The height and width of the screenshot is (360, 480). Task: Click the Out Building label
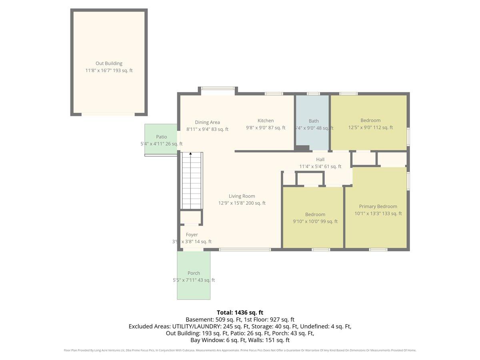click(x=109, y=63)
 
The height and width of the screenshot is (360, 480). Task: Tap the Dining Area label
click(x=207, y=122)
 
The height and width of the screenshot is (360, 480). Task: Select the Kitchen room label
click(x=266, y=121)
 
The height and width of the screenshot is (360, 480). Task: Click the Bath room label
click(x=314, y=121)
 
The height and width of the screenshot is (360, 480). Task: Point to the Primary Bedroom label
click(x=378, y=206)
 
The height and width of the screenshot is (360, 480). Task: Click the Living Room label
click(x=242, y=196)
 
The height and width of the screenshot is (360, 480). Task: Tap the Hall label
click(x=320, y=160)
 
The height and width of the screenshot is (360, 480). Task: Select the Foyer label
click(x=192, y=235)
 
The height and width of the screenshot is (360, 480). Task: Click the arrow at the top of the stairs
click(x=190, y=154)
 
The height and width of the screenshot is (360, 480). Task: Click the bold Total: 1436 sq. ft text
click(x=240, y=312)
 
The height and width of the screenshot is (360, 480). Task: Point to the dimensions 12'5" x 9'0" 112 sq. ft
click(x=370, y=128)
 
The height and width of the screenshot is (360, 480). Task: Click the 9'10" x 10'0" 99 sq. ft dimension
click(x=315, y=222)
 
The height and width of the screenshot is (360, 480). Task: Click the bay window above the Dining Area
click(x=218, y=89)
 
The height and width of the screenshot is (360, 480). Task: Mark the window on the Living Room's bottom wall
click(x=245, y=250)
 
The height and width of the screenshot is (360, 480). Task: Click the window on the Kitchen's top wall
click(x=274, y=94)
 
